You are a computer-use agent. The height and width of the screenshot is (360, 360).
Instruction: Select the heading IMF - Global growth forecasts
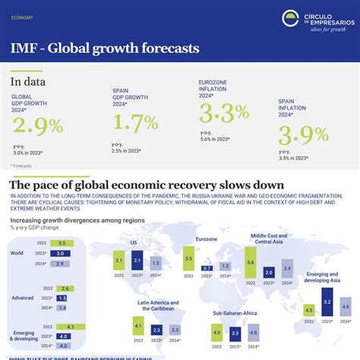point(105,49)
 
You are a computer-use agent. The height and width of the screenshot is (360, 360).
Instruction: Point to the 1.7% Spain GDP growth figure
point(136,121)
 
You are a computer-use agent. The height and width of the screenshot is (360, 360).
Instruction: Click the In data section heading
point(28,82)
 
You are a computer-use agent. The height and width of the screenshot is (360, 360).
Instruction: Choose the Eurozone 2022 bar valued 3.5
point(188,259)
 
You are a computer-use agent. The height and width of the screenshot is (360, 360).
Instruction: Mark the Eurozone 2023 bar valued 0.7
point(207,268)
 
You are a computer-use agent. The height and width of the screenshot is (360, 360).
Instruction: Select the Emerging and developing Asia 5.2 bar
point(327,302)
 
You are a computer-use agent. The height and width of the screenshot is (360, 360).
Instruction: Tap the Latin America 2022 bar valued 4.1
point(138,327)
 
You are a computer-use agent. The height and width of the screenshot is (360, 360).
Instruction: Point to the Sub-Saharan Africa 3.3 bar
point(235,332)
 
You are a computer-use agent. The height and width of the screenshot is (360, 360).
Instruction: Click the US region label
point(134,242)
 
